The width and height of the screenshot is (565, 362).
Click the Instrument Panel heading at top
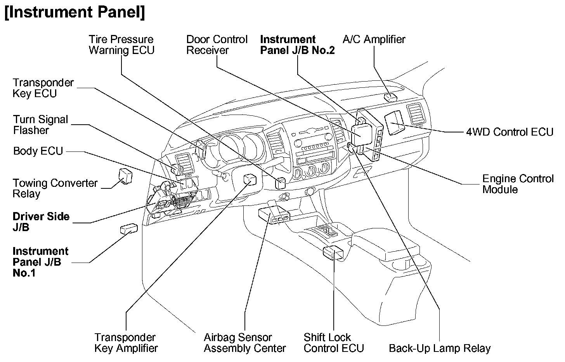tap(75, 12)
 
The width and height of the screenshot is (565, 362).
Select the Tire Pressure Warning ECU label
tap(121, 45)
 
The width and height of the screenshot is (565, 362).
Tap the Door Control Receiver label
tap(217, 45)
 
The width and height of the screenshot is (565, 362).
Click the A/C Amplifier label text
tap(374, 39)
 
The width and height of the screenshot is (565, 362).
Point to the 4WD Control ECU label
tap(509, 132)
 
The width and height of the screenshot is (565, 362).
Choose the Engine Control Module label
tap(518, 184)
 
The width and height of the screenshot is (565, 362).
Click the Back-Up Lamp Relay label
tap(439, 348)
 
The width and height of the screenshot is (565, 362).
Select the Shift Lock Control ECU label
tap(334, 343)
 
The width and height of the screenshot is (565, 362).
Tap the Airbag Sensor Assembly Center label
tap(244, 343)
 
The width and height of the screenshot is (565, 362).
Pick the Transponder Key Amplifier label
tap(126, 343)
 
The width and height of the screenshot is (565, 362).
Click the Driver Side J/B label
tap(41, 222)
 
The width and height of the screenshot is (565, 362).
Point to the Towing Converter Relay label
tap(55, 188)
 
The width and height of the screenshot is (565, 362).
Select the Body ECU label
tap(38, 151)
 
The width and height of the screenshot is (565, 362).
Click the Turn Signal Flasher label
tap(40, 125)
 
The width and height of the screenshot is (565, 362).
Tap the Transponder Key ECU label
tap(43, 88)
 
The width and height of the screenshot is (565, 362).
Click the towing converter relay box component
tap(125, 176)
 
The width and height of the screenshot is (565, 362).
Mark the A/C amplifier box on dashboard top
tap(390, 97)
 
